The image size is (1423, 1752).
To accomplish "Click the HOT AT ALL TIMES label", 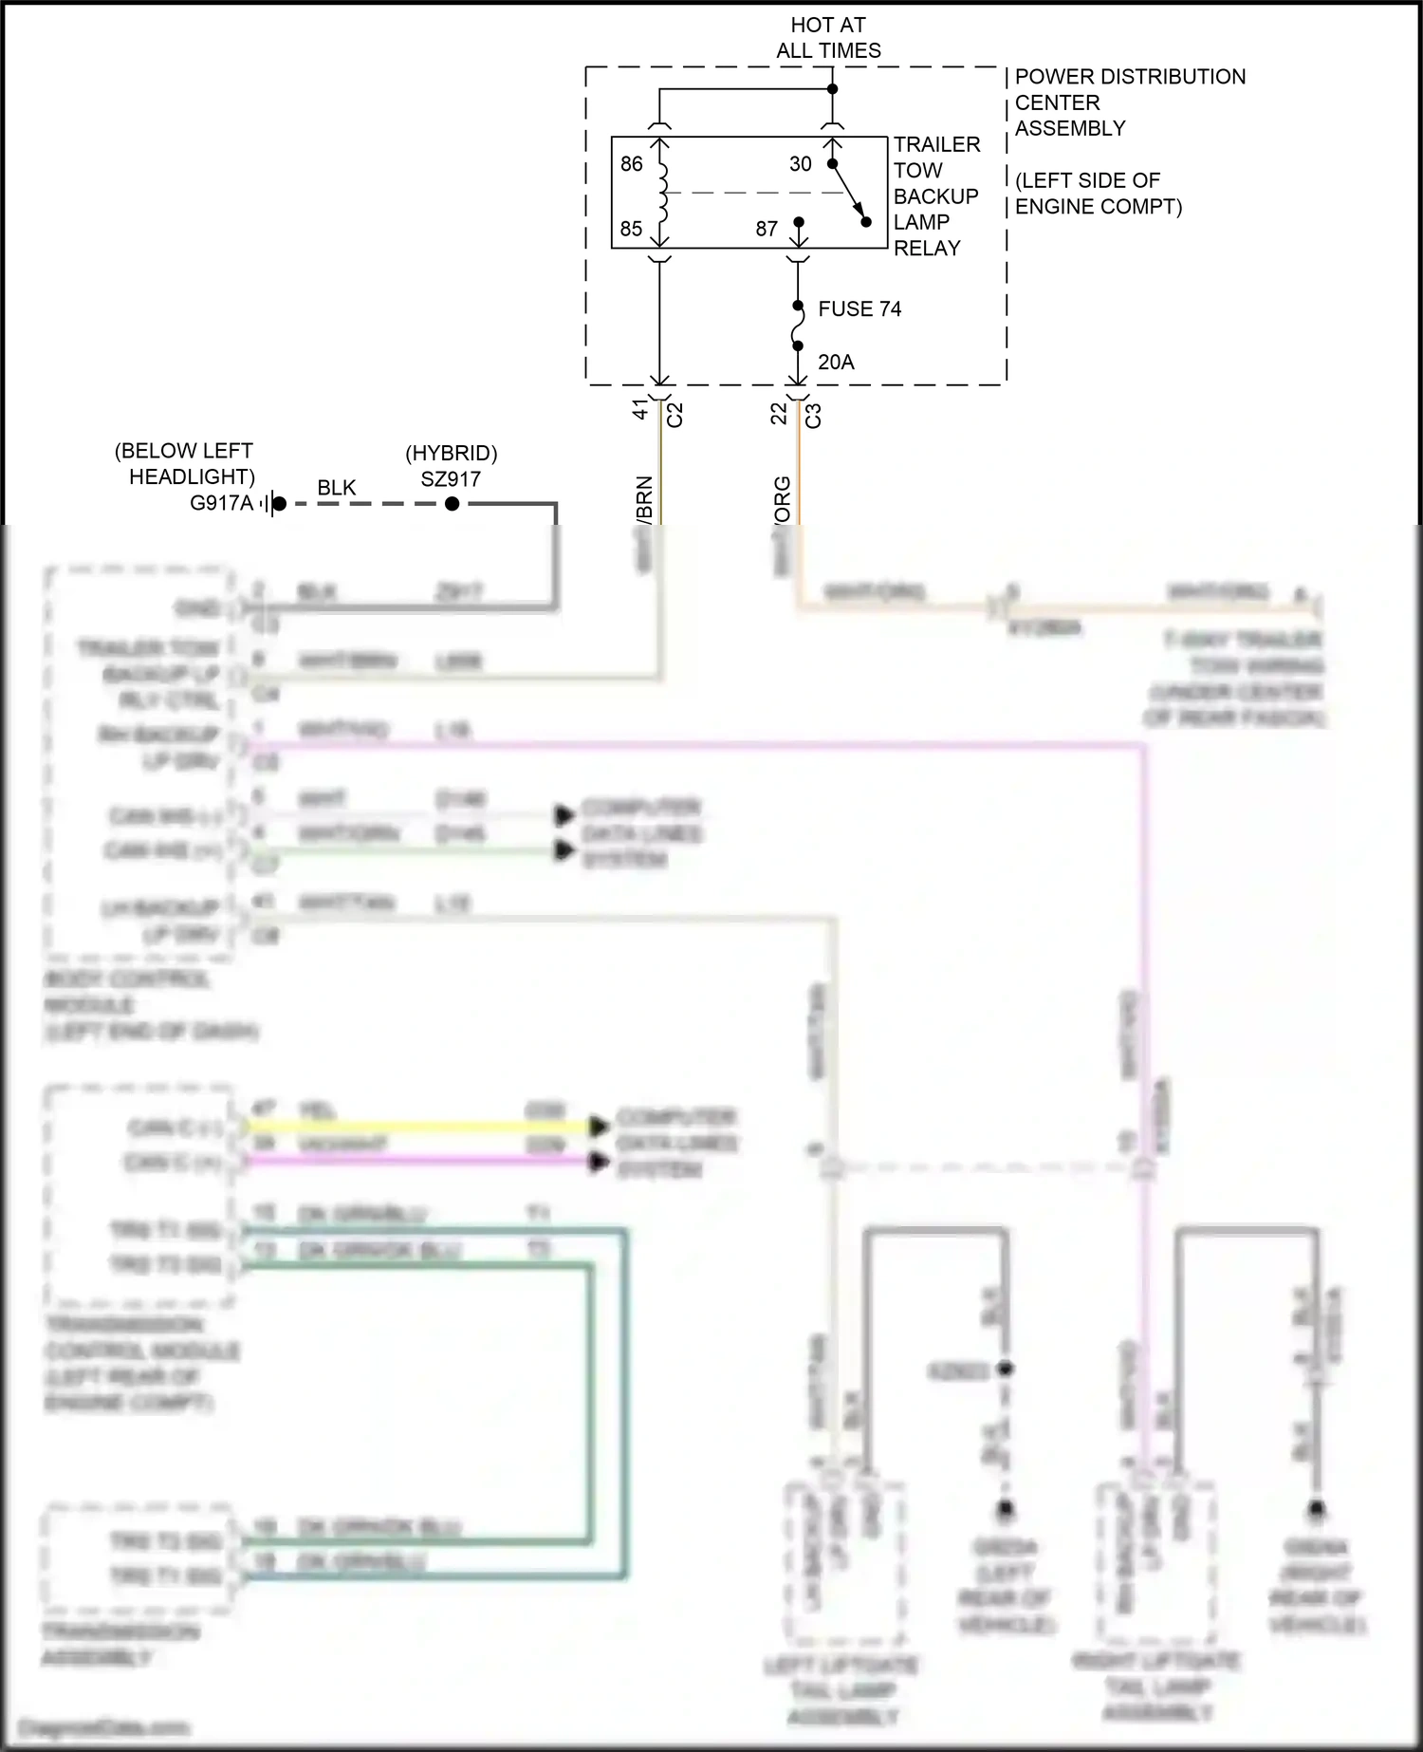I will (828, 38).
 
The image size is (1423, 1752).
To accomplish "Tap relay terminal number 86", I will (632, 164).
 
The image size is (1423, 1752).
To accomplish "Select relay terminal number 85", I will (632, 229).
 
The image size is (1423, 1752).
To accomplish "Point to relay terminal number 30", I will (801, 164).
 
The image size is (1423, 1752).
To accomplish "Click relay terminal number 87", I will (767, 229).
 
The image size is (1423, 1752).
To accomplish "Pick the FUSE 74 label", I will (859, 308).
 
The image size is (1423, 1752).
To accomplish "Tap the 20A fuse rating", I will (836, 362).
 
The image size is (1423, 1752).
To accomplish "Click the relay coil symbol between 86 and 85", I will (662, 196).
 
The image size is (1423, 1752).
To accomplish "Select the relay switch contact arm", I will (849, 193).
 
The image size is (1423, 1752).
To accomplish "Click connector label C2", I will (675, 415).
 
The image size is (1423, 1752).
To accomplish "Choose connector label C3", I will (813, 416).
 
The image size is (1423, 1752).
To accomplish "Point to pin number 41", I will (640, 410).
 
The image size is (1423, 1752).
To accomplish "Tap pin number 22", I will (779, 414).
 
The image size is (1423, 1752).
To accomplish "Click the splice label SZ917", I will (451, 479).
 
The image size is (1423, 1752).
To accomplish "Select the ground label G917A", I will (222, 503).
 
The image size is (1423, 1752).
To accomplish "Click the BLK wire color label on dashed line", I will (337, 488).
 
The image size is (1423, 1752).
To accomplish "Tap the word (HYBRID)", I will (452, 454).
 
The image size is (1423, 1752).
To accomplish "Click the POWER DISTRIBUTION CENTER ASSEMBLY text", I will (1129, 103).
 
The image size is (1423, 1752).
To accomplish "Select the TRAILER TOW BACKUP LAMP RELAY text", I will (936, 196).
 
